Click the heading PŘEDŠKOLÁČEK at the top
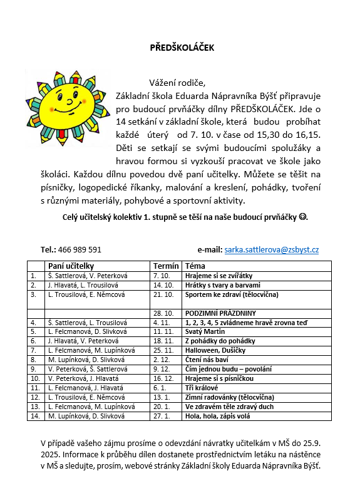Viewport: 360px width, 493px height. pos(180,48)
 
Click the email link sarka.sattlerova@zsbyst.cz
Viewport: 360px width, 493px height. pos(272,249)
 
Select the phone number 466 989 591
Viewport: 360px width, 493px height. pos(80,249)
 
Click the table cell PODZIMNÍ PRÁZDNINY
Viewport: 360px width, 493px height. pos(219,313)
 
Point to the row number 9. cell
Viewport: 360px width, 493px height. pos(34,369)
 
